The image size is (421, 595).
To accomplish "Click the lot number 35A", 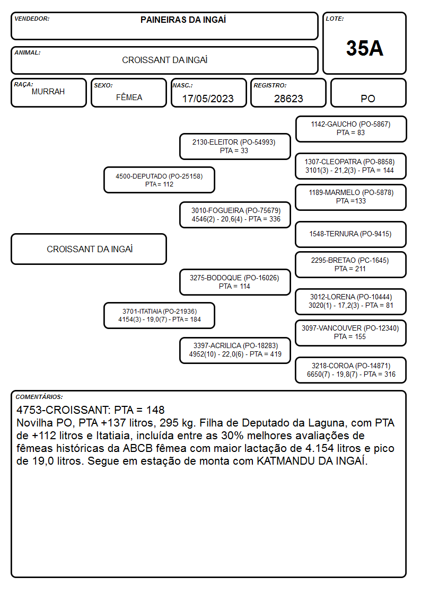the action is (x=364, y=48).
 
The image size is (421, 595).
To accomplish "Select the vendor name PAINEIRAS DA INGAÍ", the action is (x=183, y=20).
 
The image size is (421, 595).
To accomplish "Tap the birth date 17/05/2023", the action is (x=208, y=99).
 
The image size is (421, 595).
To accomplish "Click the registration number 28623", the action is (x=288, y=99).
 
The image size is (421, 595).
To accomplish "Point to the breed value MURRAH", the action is (x=48, y=92).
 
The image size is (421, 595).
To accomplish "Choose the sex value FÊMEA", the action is (x=129, y=97).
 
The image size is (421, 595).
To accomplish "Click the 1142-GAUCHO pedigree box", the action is (x=351, y=129).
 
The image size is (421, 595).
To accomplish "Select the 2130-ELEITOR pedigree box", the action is (x=235, y=146).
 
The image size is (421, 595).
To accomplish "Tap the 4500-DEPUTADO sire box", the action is (x=159, y=180).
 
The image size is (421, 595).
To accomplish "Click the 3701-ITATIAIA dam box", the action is (x=159, y=315).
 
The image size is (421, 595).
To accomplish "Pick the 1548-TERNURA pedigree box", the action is (x=351, y=234).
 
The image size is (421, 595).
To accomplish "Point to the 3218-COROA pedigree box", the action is (x=351, y=370).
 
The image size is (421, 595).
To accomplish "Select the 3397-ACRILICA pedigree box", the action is (x=235, y=350).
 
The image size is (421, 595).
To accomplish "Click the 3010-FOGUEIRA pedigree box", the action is (x=235, y=215).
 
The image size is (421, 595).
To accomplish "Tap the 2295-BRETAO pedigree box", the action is (x=351, y=264).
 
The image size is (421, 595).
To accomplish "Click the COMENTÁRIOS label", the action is (x=39, y=397).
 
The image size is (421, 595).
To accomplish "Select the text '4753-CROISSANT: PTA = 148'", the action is (x=90, y=410).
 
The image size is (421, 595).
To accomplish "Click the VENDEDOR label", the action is (x=32, y=19).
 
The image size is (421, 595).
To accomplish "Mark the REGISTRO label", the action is (x=270, y=85).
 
